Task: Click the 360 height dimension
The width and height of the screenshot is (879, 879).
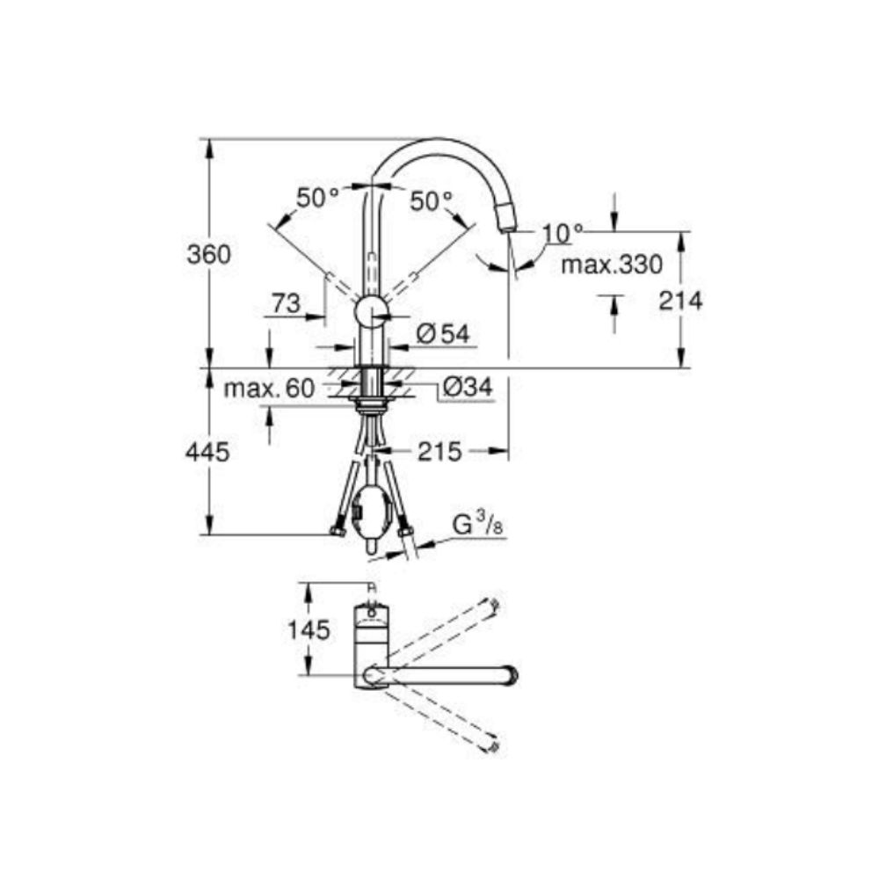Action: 208,255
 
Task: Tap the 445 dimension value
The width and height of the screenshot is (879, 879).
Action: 208,453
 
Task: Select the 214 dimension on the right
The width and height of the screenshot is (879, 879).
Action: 680,301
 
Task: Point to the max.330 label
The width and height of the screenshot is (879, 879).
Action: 612,264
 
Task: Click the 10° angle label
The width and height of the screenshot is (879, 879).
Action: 563,233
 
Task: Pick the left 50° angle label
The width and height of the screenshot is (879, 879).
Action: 317,199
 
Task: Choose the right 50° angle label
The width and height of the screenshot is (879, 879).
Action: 431,201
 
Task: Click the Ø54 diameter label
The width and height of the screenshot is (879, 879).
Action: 442,332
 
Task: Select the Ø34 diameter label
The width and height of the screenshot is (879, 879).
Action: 467,387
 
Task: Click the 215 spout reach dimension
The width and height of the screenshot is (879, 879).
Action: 439,452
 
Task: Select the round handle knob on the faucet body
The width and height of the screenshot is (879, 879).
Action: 370,314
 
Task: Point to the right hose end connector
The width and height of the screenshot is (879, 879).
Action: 405,530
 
